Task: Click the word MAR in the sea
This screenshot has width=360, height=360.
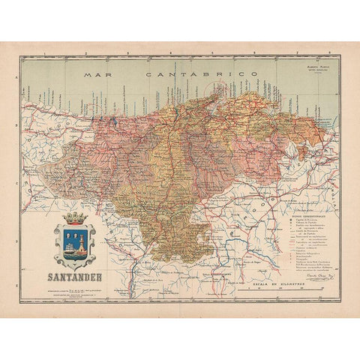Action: coord(94,76)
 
